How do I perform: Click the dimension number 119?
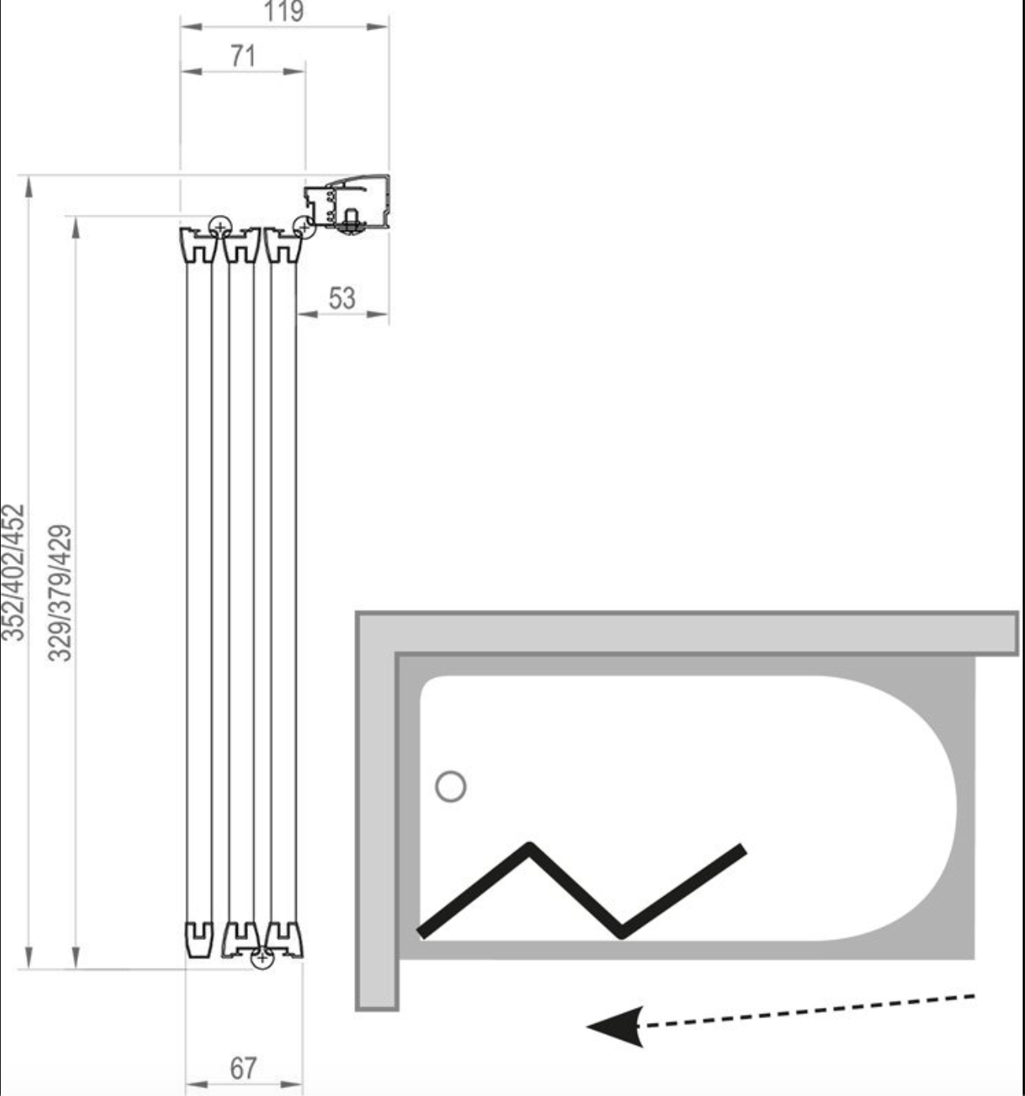283,11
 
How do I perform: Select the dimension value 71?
242,56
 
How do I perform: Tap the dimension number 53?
342,298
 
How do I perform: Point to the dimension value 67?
243,1069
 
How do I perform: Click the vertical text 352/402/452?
13,572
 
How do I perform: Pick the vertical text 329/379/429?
60,593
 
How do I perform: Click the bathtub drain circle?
451,787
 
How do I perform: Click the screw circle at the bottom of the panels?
261,958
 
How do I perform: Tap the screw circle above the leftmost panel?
220,226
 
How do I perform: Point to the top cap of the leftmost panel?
198,245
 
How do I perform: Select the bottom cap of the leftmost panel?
198,939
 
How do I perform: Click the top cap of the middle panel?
241,245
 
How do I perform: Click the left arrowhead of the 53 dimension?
308,314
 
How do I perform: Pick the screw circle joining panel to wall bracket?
304,227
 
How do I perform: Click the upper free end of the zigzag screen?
743,850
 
